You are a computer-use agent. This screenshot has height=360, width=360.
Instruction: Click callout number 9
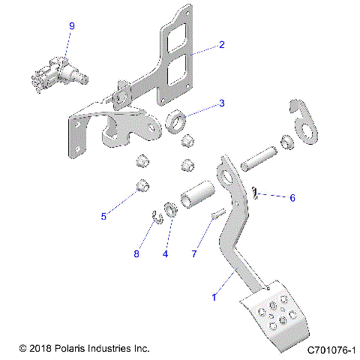pos(72,26)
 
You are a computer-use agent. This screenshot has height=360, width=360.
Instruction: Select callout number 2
pos(222,45)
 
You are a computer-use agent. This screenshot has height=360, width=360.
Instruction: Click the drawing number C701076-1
pos(331,349)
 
